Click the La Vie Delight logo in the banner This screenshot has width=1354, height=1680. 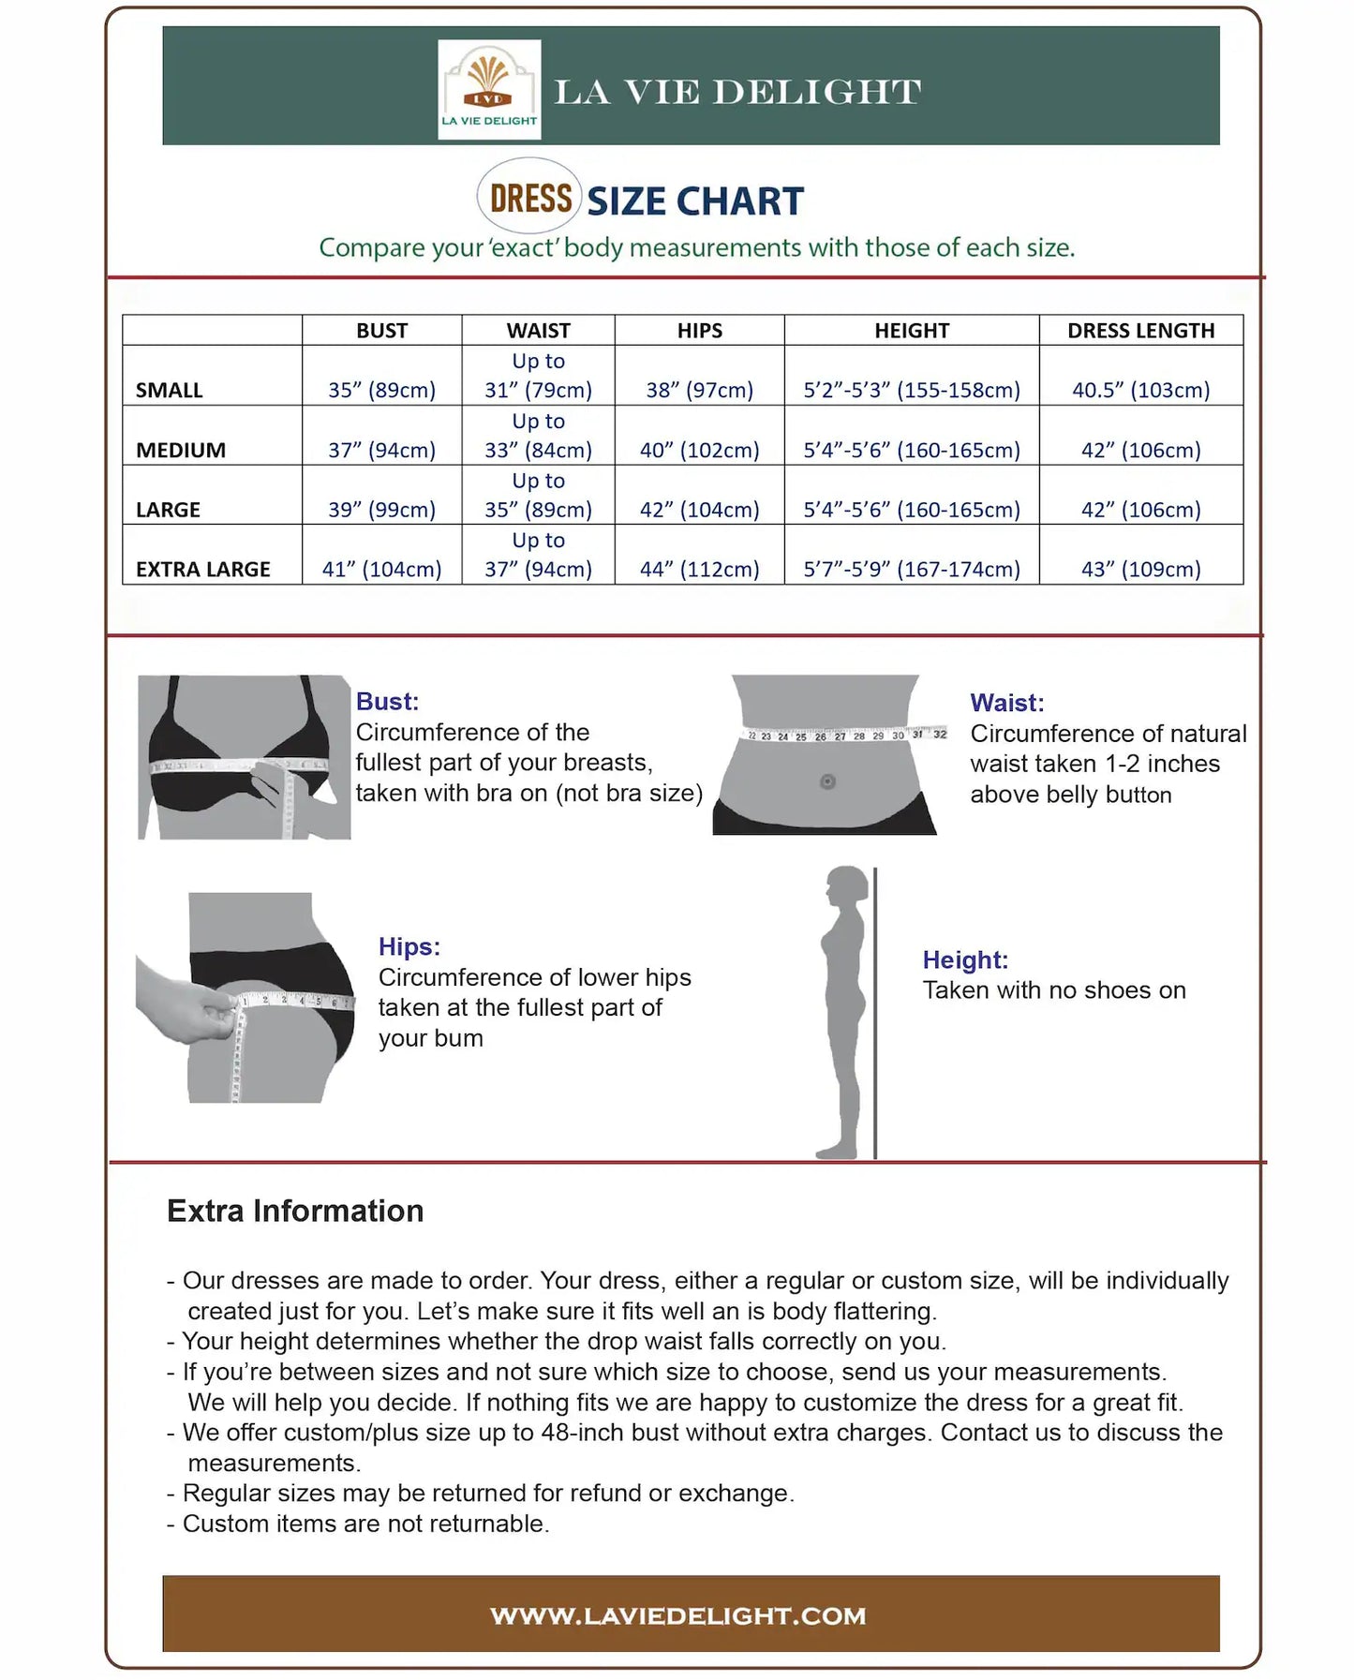click(489, 90)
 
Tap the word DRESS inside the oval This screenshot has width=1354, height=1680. click(530, 199)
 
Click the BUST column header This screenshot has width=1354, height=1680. click(381, 331)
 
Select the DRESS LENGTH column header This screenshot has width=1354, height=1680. click(1140, 331)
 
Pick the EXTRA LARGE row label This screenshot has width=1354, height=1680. click(202, 569)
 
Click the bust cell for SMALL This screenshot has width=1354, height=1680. click(381, 390)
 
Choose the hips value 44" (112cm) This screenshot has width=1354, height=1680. click(699, 569)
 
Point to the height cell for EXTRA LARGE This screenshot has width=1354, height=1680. click(911, 569)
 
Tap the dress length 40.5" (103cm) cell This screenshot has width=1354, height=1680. click(1140, 390)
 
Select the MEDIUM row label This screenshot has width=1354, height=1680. click(181, 450)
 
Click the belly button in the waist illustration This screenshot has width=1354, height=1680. click(827, 781)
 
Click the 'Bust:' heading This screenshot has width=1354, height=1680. click(387, 701)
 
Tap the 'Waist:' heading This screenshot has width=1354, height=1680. click(1006, 703)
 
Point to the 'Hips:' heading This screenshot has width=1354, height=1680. click(409, 946)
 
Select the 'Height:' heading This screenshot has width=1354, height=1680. click(965, 959)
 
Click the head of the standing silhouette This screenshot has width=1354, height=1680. click(848, 885)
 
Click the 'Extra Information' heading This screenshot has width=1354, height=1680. click(295, 1211)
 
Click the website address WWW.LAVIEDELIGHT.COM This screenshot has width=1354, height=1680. click(677, 1615)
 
